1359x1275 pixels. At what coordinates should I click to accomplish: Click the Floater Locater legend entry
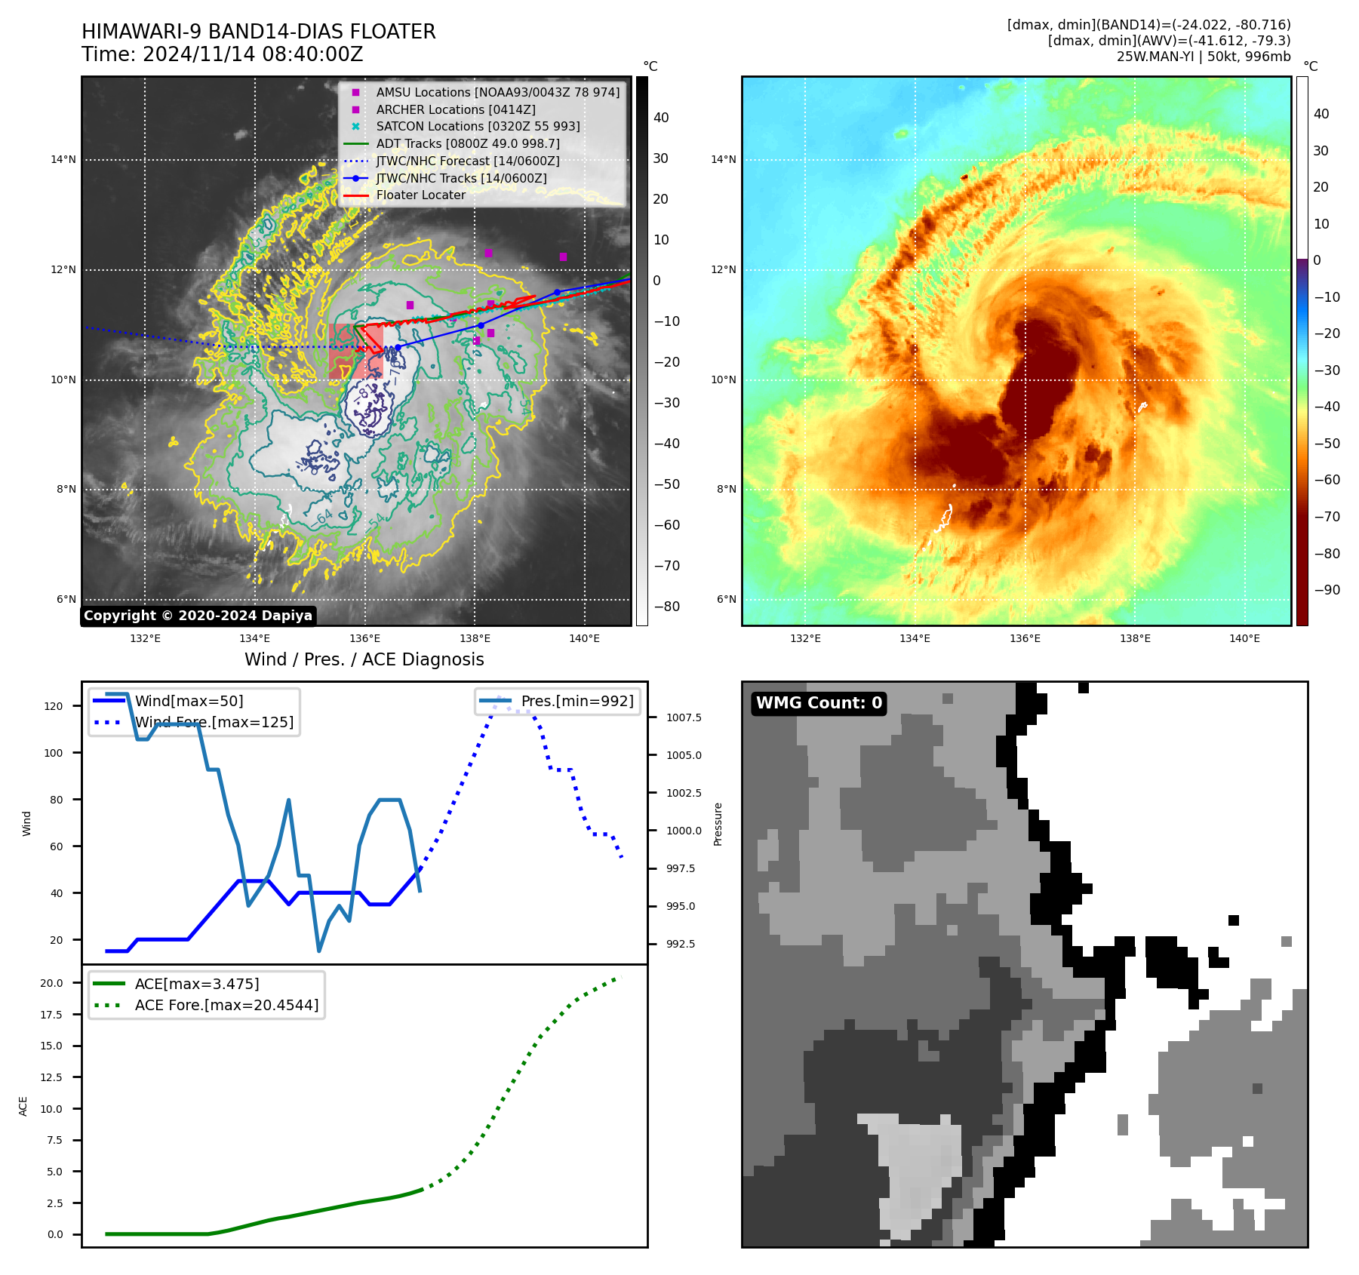pyautogui.click(x=420, y=195)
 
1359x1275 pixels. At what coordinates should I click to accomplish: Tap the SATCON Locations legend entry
pyautogui.click(x=478, y=126)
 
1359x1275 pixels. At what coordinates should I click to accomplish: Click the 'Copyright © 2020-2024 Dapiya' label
pyautogui.click(x=198, y=616)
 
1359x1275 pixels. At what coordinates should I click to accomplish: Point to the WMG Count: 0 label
pyautogui.click(x=819, y=703)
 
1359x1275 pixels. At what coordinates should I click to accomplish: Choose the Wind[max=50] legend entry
pyautogui.click(x=189, y=702)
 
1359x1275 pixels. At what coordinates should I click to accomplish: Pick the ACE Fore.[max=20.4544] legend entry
pyautogui.click(x=226, y=1006)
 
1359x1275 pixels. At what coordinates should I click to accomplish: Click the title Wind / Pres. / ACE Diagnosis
pyautogui.click(x=364, y=660)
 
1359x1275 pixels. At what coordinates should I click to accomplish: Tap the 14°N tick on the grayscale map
pyautogui.click(x=63, y=160)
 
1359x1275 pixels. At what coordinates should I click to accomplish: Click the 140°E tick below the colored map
pyautogui.click(x=1244, y=639)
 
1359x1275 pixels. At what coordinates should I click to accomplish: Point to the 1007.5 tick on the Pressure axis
pyautogui.click(x=684, y=717)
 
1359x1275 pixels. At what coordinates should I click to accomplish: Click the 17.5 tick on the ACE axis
pyautogui.click(x=51, y=1015)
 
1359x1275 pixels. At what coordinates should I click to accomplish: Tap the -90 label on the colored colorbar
pyautogui.click(x=1327, y=590)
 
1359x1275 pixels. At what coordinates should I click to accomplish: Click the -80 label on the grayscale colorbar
pyautogui.click(x=666, y=607)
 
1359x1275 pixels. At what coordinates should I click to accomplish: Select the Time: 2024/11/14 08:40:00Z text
pyautogui.click(x=223, y=55)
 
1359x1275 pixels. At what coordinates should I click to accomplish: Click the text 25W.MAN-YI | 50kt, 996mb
pyautogui.click(x=1204, y=57)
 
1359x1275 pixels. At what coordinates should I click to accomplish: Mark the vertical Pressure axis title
pyautogui.click(x=718, y=824)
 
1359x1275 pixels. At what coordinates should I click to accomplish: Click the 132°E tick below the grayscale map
pyautogui.click(x=145, y=639)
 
